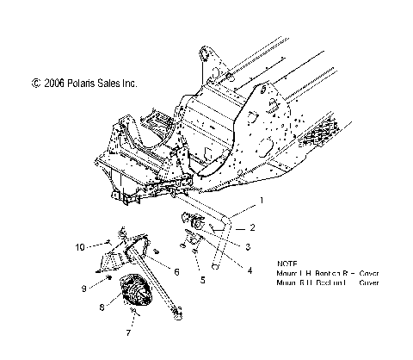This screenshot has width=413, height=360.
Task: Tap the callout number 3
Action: pyautogui.click(x=249, y=247)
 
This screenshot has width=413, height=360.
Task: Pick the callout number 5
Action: pyautogui.click(x=201, y=280)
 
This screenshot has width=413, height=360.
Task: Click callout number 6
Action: pyautogui.click(x=176, y=271)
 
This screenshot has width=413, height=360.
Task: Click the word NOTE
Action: pyautogui.click(x=289, y=263)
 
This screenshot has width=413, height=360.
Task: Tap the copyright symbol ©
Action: pyautogui.click(x=35, y=84)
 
